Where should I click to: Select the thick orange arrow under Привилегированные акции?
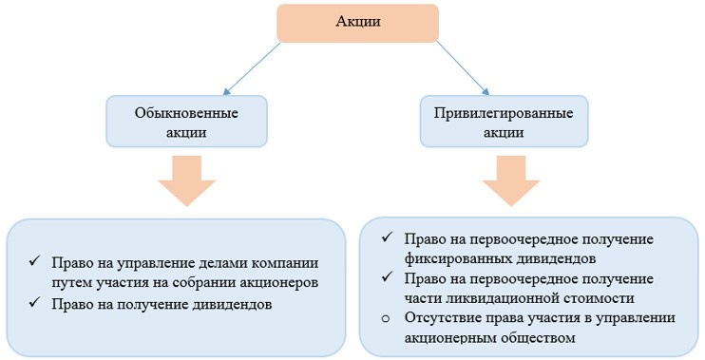[x=518, y=180]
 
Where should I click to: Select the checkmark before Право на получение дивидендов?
[x=34, y=303]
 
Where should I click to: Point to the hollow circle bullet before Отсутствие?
[x=385, y=317]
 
